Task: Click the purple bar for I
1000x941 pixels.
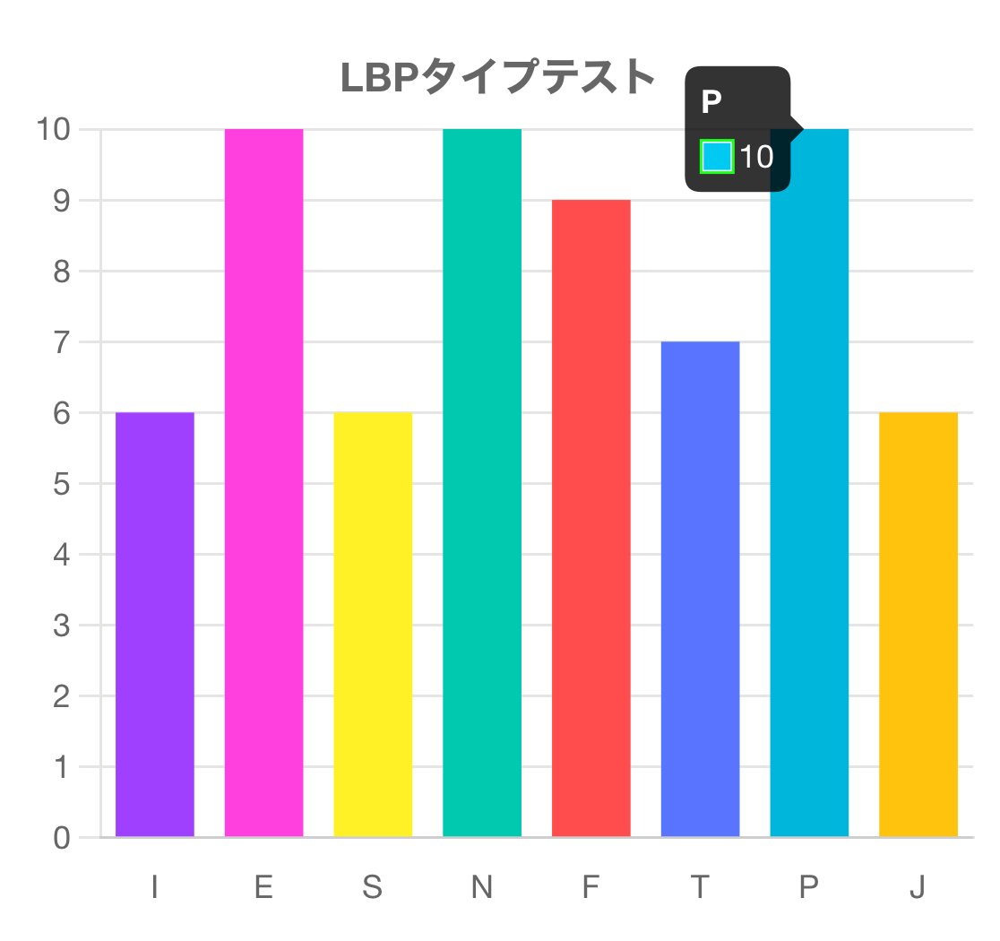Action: point(155,625)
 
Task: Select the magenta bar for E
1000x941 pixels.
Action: point(263,483)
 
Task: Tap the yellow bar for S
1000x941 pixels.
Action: point(373,625)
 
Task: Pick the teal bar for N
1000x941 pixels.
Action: point(482,483)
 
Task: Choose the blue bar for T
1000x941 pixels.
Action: point(700,589)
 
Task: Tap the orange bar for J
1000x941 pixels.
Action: point(918,625)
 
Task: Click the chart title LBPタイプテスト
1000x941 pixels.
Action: point(498,77)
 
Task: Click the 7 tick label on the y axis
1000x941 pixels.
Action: point(62,341)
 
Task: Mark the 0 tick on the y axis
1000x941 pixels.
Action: point(62,838)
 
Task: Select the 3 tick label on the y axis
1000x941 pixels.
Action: point(62,625)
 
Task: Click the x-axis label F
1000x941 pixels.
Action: point(591,887)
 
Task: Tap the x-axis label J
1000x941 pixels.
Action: point(918,887)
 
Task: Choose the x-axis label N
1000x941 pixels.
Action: point(482,887)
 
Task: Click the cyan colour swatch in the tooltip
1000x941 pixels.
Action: point(718,157)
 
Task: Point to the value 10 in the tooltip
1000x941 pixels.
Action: point(756,157)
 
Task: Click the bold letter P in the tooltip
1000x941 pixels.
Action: point(711,102)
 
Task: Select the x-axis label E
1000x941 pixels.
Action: point(263,887)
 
